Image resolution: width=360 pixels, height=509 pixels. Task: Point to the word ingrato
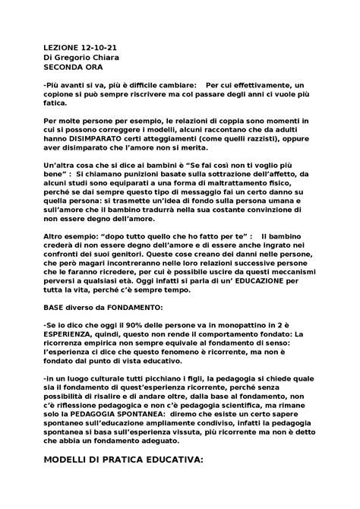267,245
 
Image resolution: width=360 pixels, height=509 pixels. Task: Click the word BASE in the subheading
57,310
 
